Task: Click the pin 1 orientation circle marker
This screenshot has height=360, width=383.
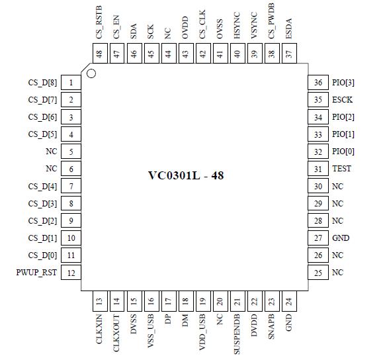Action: tap(91, 73)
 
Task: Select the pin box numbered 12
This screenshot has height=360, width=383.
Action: tap(71, 273)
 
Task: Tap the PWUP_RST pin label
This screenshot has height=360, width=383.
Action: tap(37, 273)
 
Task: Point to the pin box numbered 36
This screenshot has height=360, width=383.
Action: tap(319, 83)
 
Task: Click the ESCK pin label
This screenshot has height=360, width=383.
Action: tap(342, 100)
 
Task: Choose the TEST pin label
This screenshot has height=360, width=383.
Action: tap(341, 169)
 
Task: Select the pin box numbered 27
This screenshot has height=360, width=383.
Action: tap(319, 238)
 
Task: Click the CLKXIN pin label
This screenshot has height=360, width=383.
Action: tap(99, 329)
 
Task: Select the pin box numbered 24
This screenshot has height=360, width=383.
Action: tap(288, 302)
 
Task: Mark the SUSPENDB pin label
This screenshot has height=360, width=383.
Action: tap(237, 334)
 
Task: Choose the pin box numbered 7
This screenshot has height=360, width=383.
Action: tap(71, 187)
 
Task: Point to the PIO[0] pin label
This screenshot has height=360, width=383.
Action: tap(343, 152)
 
